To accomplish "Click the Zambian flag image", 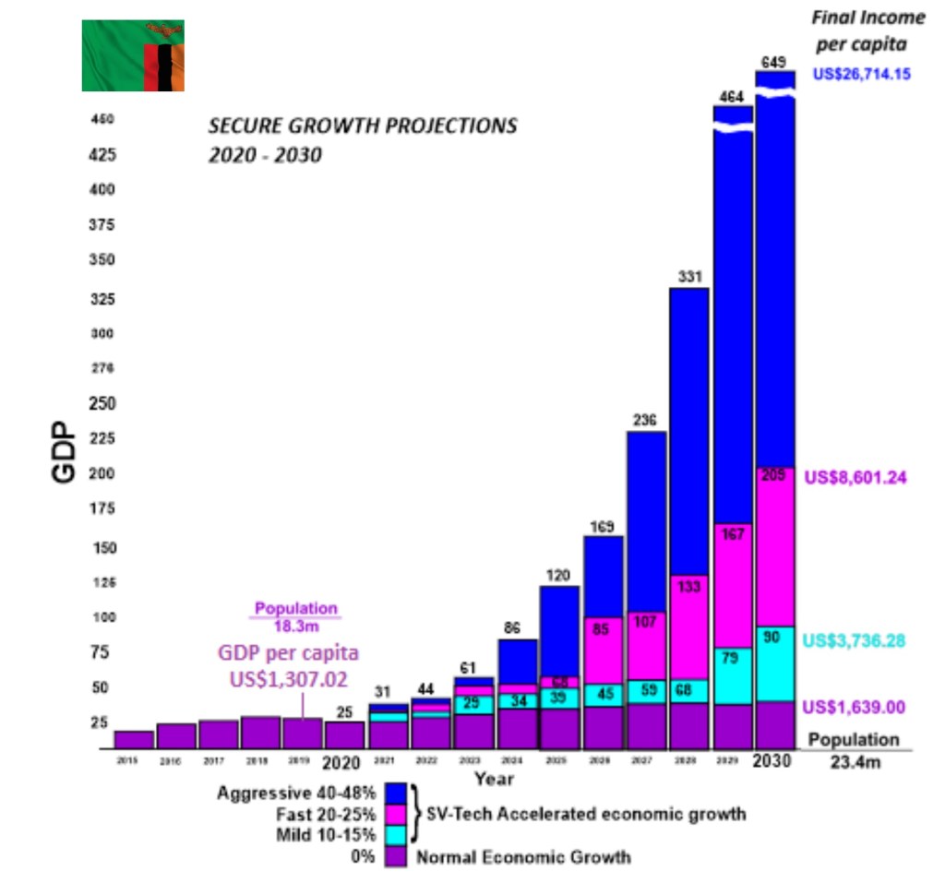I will [x=133, y=55].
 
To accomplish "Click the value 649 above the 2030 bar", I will [x=774, y=62].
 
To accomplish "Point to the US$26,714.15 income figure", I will [x=861, y=73].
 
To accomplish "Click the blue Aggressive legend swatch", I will [x=397, y=794].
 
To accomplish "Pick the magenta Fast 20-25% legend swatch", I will [x=397, y=815].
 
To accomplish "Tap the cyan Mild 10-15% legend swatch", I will [x=397, y=836].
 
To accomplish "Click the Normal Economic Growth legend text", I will [x=523, y=857].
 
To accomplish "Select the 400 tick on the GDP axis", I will [x=102, y=190].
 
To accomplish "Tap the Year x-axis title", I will [x=494, y=780].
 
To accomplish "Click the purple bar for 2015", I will [x=134, y=739].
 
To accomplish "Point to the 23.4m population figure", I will [x=853, y=763].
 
